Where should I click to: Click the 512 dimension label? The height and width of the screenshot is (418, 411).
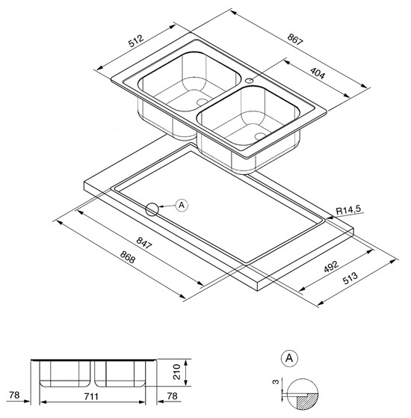(136, 40)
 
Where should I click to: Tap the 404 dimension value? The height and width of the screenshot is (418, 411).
(318, 73)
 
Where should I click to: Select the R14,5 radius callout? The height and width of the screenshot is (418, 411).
(349, 209)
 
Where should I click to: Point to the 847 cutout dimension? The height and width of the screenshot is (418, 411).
(143, 243)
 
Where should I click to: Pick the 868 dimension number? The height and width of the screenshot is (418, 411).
(128, 256)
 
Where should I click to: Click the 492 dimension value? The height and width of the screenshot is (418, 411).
(331, 267)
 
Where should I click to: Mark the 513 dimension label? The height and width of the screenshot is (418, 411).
(350, 278)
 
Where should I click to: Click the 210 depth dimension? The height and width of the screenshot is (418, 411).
(177, 372)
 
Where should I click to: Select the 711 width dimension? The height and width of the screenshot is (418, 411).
(91, 396)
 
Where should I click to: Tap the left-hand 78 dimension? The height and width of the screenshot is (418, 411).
(14, 395)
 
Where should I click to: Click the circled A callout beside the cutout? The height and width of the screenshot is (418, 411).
(182, 206)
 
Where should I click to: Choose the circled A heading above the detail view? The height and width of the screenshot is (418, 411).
(289, 358)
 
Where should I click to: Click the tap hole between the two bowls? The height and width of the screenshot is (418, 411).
(249, 80)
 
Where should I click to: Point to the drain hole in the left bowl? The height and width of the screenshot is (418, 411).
(203, 102)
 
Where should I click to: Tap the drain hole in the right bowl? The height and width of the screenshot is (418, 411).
(260, 136)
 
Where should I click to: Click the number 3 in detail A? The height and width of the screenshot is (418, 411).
(276, 382)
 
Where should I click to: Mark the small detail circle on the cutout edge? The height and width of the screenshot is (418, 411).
(152, 209)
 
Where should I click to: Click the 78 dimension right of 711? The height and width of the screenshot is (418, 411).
(172, 396)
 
